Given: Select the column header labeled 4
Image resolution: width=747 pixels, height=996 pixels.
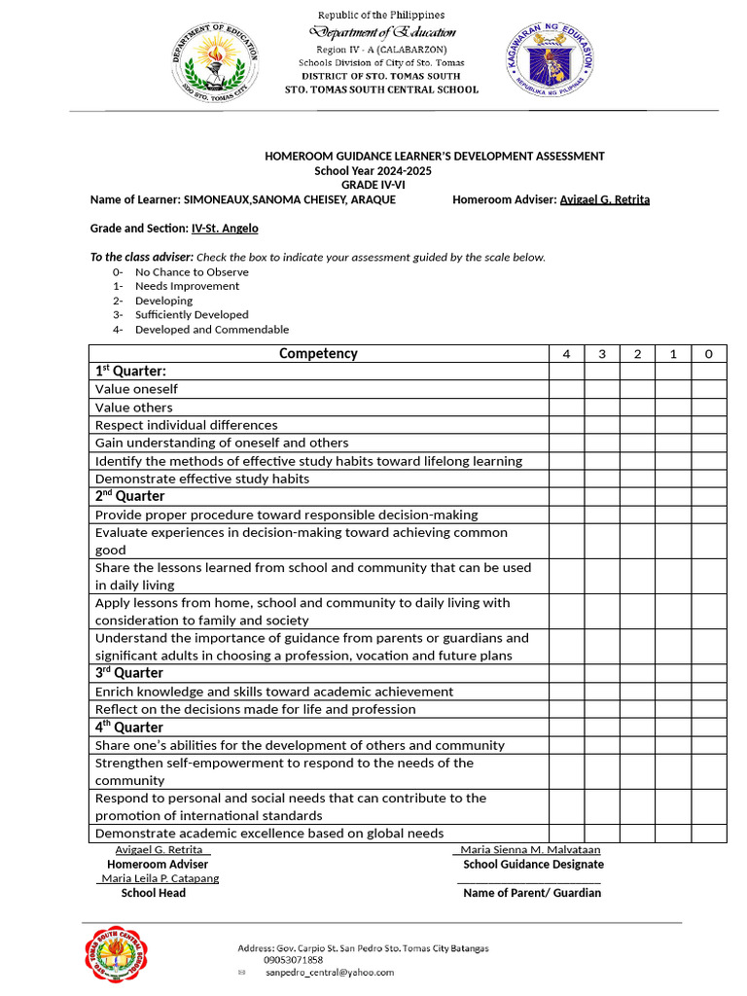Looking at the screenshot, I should [566, 354].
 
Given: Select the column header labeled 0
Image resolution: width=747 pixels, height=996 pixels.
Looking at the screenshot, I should [709, 354].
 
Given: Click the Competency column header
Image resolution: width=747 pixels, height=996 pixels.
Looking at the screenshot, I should [318, 354].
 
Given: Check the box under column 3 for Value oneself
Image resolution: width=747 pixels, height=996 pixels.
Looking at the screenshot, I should [602, 389].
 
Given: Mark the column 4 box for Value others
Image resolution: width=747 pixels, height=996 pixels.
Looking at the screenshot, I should [566, 408].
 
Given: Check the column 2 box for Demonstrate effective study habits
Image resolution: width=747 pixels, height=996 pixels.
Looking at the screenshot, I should [637, 479].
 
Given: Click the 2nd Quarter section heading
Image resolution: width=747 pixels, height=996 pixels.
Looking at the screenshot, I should [129, 496].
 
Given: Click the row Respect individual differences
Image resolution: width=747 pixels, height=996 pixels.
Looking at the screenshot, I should [186, 425].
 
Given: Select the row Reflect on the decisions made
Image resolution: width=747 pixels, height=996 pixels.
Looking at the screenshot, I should [255, 709].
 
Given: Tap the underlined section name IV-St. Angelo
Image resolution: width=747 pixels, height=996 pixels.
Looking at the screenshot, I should [225, 229].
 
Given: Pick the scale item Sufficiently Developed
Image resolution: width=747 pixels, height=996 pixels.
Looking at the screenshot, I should [192, 315].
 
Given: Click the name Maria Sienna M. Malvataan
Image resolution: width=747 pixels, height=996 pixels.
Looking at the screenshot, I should [530, 849].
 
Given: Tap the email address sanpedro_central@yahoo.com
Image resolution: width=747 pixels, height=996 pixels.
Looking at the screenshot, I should [330, 972].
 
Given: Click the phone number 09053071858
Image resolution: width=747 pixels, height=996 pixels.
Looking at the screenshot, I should [293, 959].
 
